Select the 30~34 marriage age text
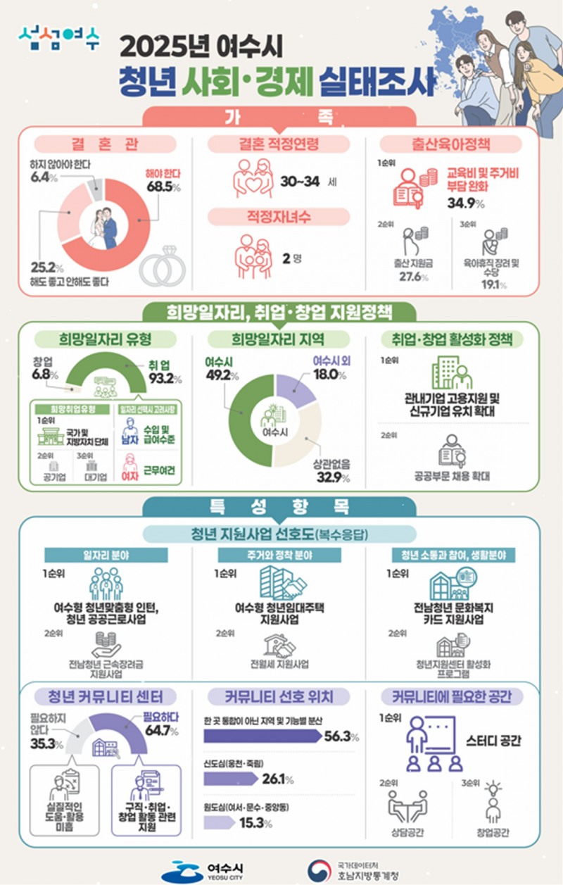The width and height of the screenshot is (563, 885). coord(301,181)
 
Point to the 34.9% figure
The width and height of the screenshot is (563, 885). coord(465,205)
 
